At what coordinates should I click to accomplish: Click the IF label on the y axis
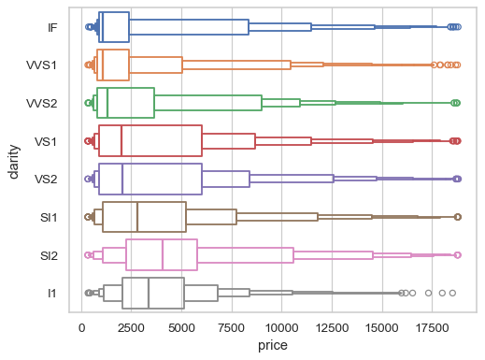53,27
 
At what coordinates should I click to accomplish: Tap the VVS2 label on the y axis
43,103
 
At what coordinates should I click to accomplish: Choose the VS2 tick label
47,179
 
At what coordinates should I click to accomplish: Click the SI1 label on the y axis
50,217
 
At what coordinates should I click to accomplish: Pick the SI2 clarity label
50,255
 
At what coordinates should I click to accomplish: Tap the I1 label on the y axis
53,294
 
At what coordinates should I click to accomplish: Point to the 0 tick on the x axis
81,328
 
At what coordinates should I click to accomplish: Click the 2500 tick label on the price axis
132,328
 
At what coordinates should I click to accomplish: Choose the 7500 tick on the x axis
232,328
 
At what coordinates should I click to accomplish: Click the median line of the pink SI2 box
163,255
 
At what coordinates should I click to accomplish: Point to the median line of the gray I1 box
149,294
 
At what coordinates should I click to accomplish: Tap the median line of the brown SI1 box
137,217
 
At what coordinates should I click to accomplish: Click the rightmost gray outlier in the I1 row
452,294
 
